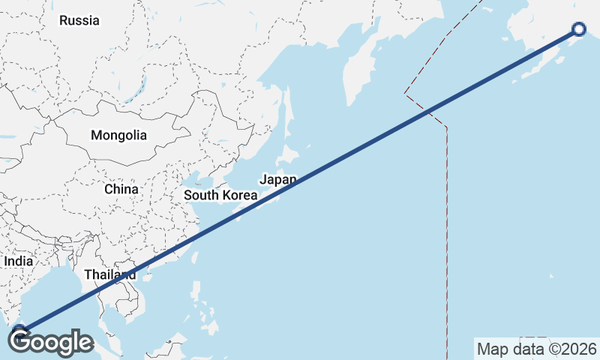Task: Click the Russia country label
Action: [79, 20]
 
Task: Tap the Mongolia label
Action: [118, 136]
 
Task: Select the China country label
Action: [121, 189]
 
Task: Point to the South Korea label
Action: [221, 195]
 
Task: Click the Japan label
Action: [278, 179]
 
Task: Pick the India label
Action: [19, 261]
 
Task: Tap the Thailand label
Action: [110, 274]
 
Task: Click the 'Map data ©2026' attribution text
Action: [537, 349]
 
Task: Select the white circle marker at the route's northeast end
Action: [579, 29]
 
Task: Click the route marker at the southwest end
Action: [19, 330]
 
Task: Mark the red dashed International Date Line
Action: [447, 225]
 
